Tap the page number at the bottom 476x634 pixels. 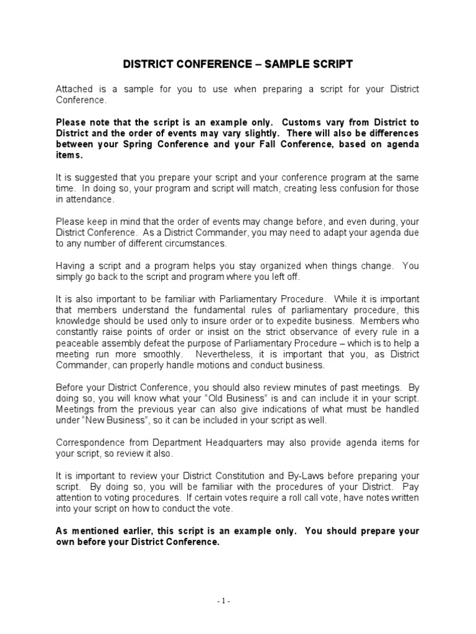[238, 601]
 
